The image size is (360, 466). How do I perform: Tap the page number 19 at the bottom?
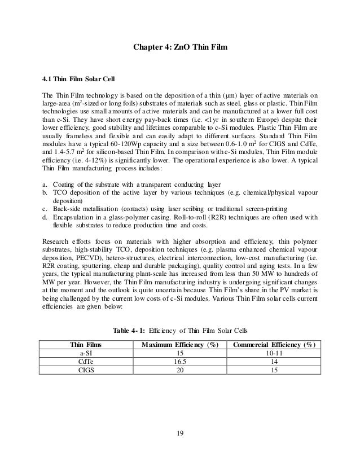[179, 434]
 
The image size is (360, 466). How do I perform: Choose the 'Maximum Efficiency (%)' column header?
[179, 345]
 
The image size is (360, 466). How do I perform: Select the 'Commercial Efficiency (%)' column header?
[273, 345]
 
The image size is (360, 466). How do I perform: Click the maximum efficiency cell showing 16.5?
[179, 362]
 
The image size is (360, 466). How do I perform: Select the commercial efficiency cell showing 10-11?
[273, 353]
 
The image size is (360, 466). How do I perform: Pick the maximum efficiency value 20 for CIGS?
[179, 370]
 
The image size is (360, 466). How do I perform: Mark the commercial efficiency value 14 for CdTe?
[273, 362]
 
